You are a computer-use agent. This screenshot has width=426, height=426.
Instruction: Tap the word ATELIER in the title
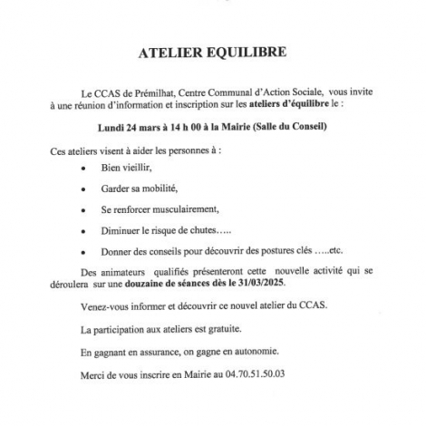[x=168, y=53]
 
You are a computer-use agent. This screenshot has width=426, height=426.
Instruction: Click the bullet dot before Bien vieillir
[x=84, y=169]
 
